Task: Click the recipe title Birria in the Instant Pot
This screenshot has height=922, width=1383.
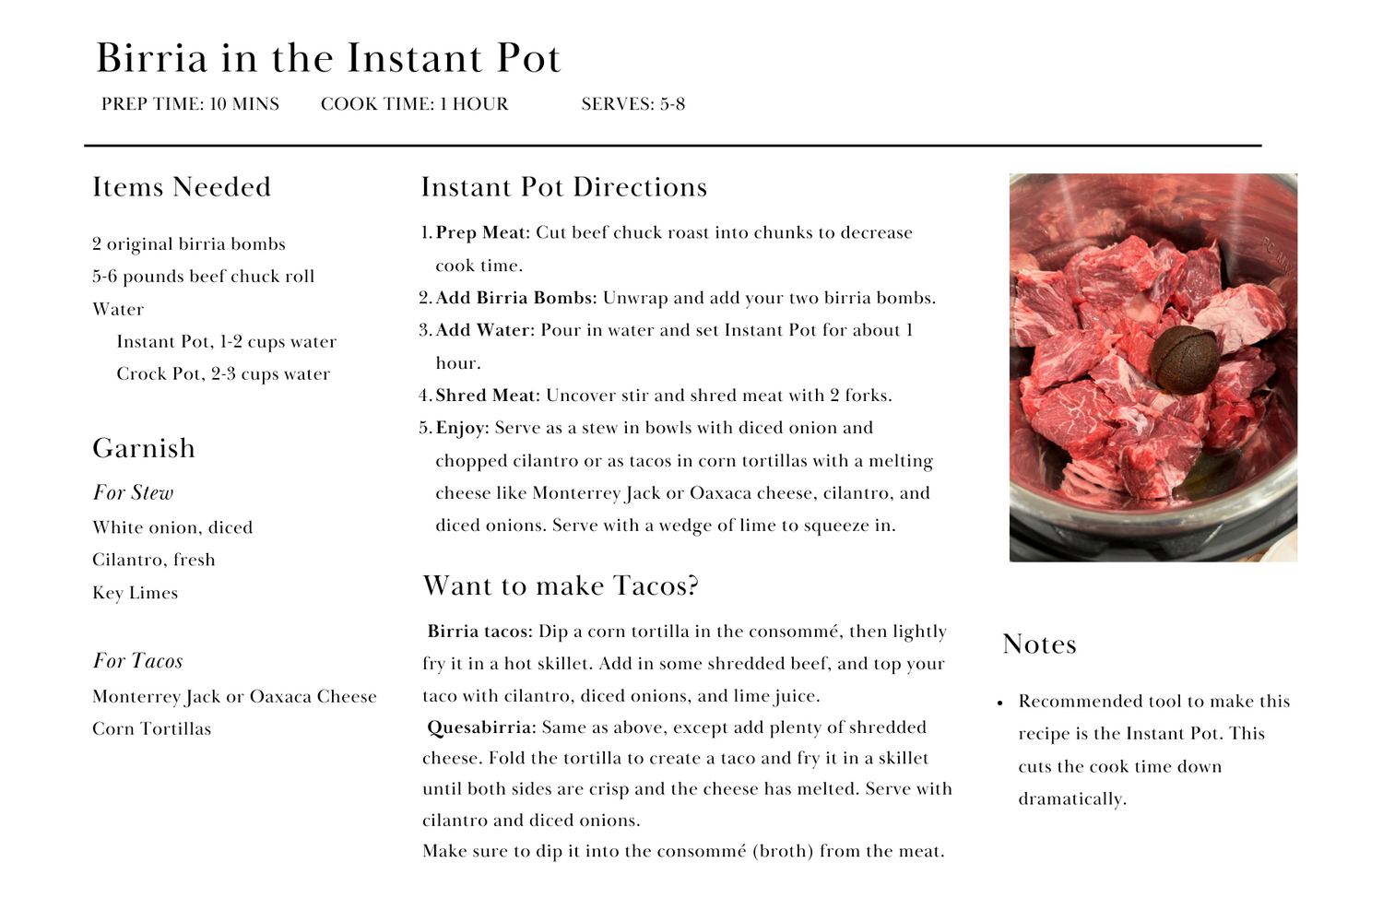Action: tap(328, 59)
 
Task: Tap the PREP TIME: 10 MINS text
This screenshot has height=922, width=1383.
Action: tap(190, 104)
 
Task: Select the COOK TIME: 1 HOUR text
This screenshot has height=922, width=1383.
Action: tap(414, 104)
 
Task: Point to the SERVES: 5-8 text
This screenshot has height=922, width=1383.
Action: tap(632, 104)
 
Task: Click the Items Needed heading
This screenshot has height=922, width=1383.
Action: tap(182, 187)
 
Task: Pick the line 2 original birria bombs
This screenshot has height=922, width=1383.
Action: tap(189, 244)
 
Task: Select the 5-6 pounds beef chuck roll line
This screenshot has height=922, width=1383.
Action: tap(203, 277)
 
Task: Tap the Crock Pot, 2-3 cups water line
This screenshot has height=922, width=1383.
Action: tap(222, 374)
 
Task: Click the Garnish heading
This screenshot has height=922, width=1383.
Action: tap(144, 448)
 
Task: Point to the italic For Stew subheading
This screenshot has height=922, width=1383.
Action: tap(133, 493)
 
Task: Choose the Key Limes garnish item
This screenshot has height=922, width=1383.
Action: tap(135, 593)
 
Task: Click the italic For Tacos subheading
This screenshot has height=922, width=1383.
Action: tap(137, 661)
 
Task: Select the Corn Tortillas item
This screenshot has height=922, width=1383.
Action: tap(151, 729)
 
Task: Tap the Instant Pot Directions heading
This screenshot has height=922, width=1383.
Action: tap(563, 187)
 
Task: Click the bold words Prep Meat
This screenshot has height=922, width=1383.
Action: tap(481, 233)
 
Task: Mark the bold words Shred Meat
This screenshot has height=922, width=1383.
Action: tap(485, 396)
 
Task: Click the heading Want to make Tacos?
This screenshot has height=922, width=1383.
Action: tap(561, 586)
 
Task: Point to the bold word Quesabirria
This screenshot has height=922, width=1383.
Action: tap(480, 727)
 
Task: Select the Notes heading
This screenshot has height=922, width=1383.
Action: tap(1039, 644)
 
